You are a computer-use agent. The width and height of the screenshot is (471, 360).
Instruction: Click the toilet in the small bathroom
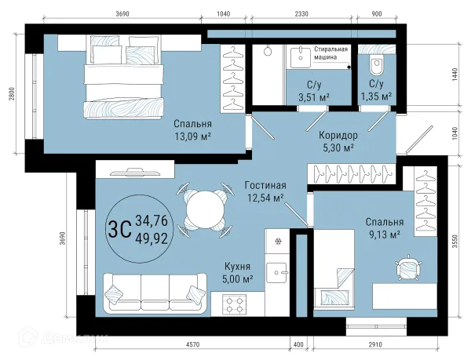[376, 65]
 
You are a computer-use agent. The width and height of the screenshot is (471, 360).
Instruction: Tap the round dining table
[206, 209]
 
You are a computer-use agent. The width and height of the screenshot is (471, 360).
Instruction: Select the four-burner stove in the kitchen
[234, 304]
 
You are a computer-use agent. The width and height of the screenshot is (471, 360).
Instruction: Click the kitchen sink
[277, 273]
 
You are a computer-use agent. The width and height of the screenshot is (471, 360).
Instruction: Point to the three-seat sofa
[155, 292]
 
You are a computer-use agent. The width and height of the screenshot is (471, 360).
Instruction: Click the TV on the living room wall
[138, 172]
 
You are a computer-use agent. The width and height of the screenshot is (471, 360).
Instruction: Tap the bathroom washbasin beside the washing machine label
[301, 57]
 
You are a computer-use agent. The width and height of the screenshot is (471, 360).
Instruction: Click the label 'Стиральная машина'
[330, 53]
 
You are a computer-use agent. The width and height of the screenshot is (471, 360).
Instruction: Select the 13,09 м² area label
[193, 136]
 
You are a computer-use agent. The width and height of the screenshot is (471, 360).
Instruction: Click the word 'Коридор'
[338, 136]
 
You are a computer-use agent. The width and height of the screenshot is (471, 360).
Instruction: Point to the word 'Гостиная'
[265, 185]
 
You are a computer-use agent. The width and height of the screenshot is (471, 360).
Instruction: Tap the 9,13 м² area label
[384, 234]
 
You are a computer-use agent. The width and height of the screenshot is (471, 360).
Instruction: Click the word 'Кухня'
[237, 267]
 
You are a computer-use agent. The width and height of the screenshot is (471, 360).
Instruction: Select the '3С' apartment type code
[119, 229]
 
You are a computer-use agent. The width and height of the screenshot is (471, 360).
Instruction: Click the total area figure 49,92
[152, 239]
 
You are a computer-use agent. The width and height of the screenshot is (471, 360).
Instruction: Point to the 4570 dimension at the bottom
[192, 344]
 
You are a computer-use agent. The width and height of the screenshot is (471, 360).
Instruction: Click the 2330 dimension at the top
[301, 14]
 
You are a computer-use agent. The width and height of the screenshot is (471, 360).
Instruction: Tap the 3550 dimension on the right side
[455, 241]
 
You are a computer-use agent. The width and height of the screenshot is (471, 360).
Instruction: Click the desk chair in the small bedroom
[407, 267]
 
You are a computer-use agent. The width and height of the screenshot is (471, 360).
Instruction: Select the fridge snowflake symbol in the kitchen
[278, 241]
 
